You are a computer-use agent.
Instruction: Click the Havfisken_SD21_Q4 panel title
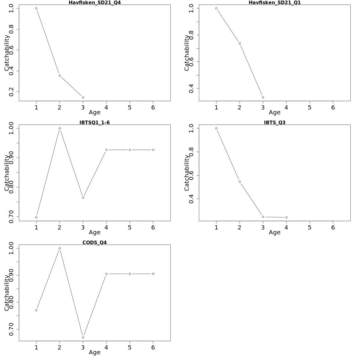point(94,3)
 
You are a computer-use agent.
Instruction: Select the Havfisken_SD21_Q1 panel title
point(274,3)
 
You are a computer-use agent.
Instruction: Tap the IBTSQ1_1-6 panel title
point(94,122)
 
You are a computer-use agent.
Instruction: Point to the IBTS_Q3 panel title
point(274,122)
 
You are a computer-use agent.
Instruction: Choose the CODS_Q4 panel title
point(94,242)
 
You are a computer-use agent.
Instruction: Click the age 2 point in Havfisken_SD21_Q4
point(60,76)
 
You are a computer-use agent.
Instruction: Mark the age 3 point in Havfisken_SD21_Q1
point(263,97)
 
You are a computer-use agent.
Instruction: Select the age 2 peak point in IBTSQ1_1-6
point(60,128)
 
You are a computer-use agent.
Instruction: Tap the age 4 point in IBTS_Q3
point(286,217)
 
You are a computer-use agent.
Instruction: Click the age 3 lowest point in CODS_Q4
point(83,337)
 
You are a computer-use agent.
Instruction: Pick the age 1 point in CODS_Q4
point(36,310)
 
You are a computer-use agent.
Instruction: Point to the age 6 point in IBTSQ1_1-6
point(153,150)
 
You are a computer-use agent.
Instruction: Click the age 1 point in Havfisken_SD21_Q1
point(216,8)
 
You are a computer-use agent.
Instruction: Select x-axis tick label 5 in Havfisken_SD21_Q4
point(130,107)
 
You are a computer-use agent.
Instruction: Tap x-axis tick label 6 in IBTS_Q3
point(333,227)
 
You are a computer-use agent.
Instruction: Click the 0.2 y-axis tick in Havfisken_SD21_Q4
point(11,92)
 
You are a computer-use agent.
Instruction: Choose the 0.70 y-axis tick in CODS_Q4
point(11,329)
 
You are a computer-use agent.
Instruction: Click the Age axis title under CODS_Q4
point(94,352)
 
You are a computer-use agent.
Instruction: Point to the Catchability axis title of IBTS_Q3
point(187,173)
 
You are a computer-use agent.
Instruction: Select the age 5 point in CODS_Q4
point(130,274)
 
